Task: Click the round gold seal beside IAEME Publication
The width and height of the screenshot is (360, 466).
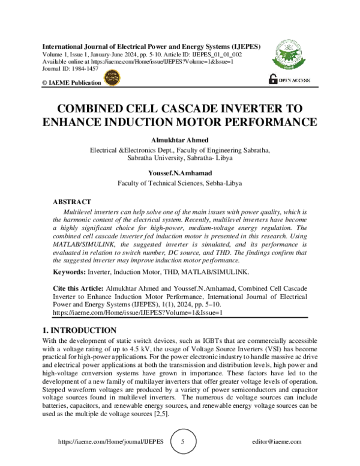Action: pos(112,77)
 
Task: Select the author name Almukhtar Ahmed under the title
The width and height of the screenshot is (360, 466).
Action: pos(179,139)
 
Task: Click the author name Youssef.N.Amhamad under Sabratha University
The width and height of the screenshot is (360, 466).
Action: pos(179,174)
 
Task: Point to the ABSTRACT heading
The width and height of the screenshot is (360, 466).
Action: pos(72,202)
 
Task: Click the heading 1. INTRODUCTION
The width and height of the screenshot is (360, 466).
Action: pos(80,330)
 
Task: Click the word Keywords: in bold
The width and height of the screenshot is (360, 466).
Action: pos(70,272)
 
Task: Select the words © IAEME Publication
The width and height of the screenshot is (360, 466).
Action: pos(71,82)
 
